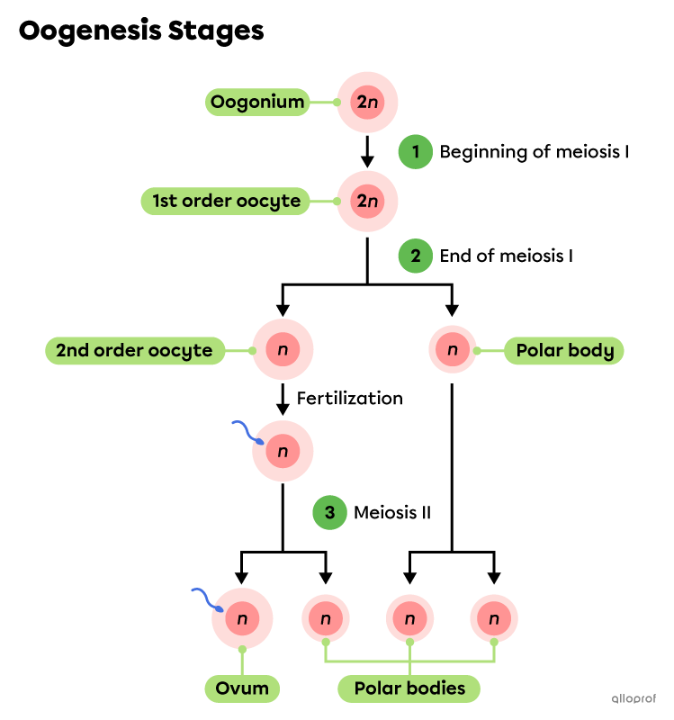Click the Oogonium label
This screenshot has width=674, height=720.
257,103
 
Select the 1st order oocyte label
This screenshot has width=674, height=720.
225,201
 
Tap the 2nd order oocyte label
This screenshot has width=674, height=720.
134,351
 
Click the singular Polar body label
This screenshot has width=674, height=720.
564,351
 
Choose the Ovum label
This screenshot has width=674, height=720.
242,688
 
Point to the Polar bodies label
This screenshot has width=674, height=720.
409,688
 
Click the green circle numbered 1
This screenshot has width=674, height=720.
416,152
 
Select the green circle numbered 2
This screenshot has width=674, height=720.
416,256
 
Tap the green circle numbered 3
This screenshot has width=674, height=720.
329,513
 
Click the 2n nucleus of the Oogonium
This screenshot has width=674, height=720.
367,103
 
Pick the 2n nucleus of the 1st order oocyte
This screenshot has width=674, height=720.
367,201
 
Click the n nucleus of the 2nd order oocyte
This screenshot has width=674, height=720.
283,350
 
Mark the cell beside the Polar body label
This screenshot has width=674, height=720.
453,350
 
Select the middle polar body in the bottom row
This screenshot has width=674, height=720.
409,619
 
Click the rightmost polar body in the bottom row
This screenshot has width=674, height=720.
494,619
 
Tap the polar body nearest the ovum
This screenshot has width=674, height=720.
326,619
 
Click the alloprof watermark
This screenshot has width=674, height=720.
634,698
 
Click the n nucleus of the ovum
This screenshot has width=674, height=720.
242,618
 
